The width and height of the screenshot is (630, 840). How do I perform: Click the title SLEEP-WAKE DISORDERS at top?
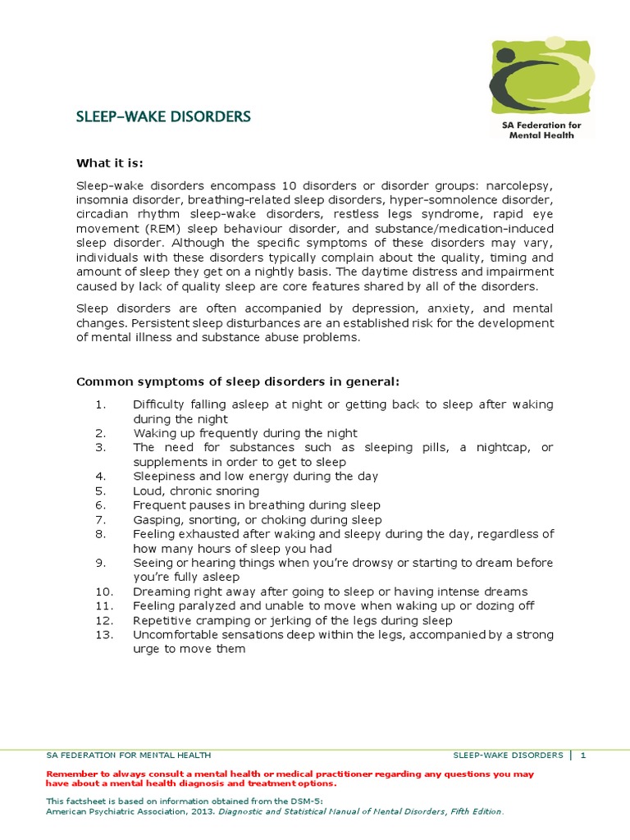click(x=163, y=116)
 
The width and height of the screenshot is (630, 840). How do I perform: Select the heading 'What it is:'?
click(x=109, y=163)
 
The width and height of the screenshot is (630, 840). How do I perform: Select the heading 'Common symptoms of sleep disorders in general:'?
click(x=237, y=381)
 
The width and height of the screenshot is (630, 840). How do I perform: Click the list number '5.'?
click(x=101, y=491)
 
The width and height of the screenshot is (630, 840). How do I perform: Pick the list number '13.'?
click(x=104, y=635)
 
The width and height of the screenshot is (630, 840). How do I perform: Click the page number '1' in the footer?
click(x=583, y=755)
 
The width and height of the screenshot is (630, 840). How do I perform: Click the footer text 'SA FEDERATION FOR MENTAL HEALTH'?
click(x=129, y=755)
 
